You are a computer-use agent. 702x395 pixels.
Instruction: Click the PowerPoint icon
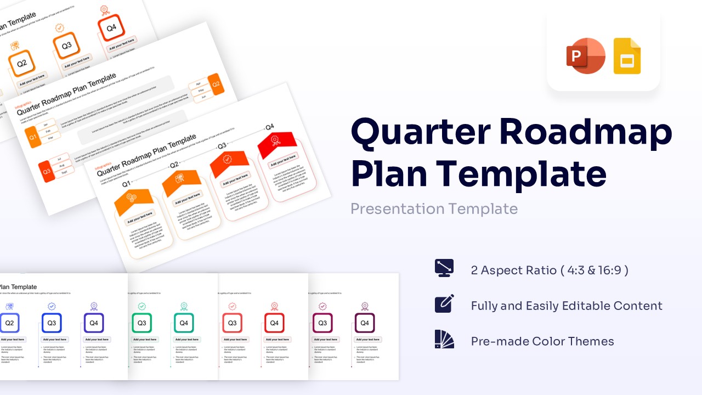pyautogui.click(x=585, y=55)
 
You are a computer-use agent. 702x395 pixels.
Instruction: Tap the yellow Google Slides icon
pyautogui.click(x=627, y=56)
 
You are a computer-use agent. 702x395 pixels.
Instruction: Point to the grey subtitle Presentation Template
pyautogui.click(x=434, y=208)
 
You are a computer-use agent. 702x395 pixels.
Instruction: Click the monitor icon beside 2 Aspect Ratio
pyautogui.click(x=444, y=268)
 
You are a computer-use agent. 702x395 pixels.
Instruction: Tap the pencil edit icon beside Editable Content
pyautogui.click(x=444, y=304)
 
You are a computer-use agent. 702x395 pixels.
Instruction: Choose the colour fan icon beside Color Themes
pyautogui.click(x=444, y=340)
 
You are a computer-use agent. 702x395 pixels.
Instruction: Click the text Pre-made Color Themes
pyautogui.click(x=542, y=341)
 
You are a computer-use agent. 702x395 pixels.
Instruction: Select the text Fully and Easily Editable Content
pyautogui.click(x=566, y=306)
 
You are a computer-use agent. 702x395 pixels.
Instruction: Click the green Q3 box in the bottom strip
pyautogui.click(x=141, y=323)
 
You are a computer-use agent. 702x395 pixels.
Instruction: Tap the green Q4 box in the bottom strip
pyautogui.click(x=184, y=323)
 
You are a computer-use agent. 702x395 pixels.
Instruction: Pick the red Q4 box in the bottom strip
pyautogui.click(x=274, y=323)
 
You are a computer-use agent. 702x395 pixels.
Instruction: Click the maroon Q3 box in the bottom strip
pyautogui.click(x=322, y=323)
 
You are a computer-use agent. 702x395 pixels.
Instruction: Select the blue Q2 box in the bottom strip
pyautogui.click(x=9, y=323)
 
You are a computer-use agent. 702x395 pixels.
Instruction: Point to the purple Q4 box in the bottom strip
pyautogui.click(x=94, y=323)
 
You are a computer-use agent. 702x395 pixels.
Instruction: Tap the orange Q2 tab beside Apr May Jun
pyautogui.click(x=216, y=84)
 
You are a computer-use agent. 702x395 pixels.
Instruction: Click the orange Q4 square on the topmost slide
pyautogui.click(x=111, y=28)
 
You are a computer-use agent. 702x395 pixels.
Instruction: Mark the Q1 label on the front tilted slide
pyautogui.click(x=126, y=184)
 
